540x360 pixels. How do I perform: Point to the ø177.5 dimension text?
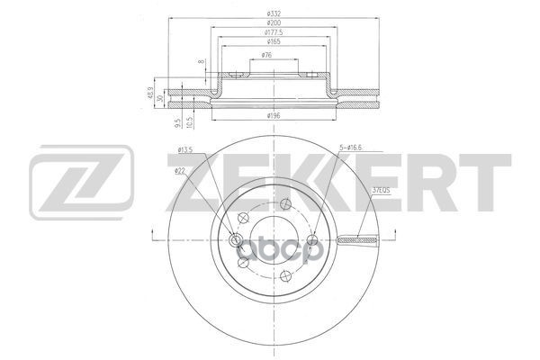tap(270, 31)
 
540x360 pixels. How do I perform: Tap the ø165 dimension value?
tap(270, 41)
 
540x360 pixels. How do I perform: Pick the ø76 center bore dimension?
tap(267, 56)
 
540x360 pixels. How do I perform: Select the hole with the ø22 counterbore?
tap(237, 239)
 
